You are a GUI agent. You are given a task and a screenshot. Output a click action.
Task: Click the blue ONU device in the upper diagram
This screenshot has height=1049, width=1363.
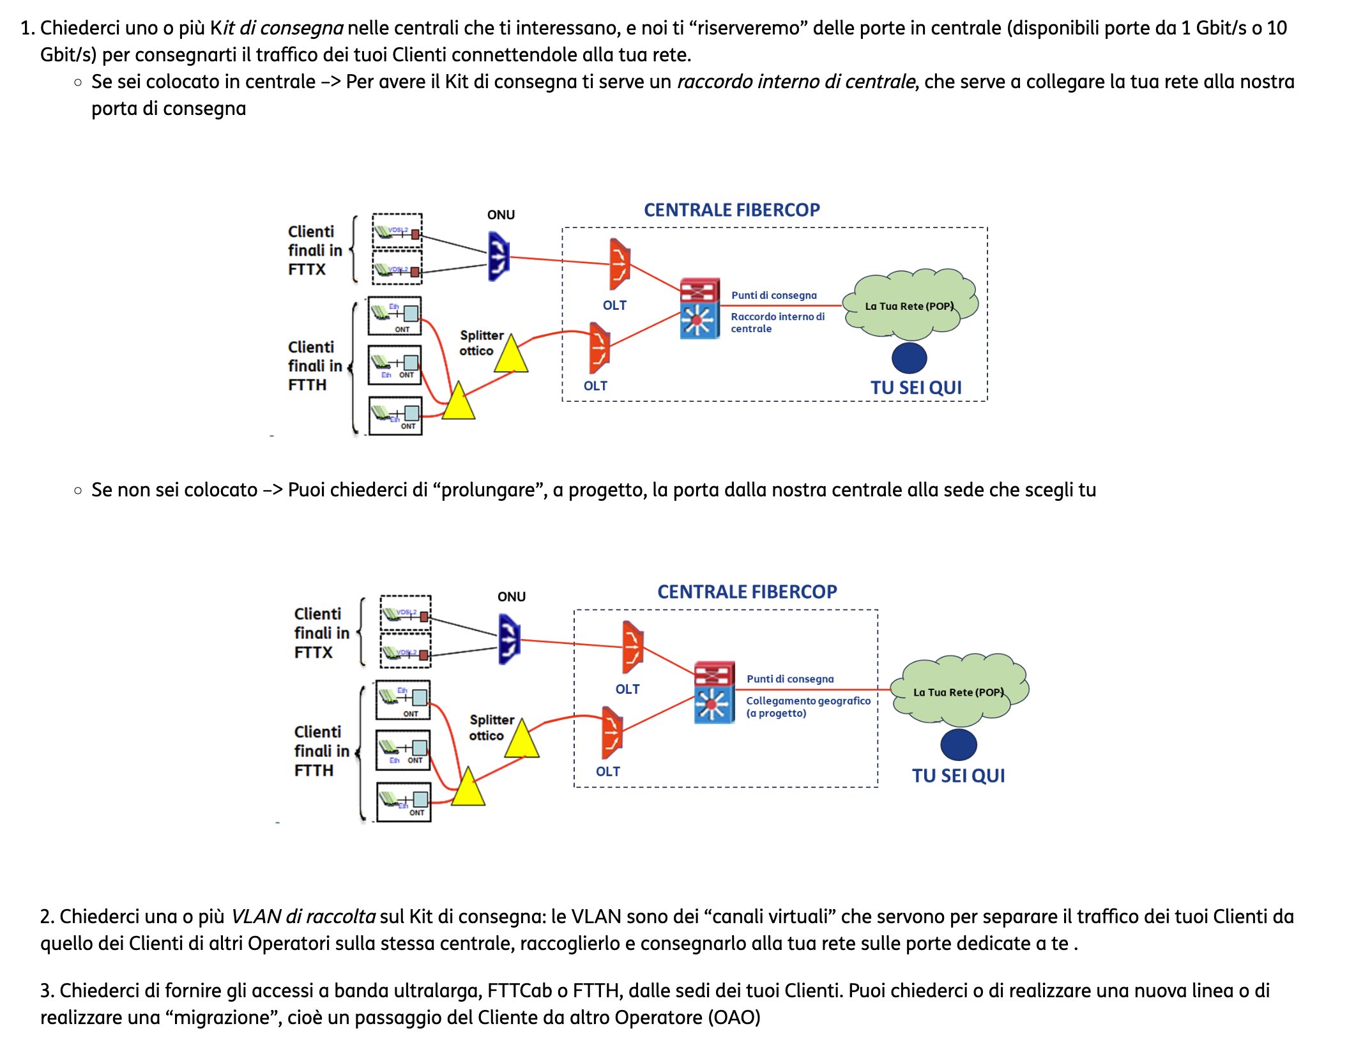point(498,256)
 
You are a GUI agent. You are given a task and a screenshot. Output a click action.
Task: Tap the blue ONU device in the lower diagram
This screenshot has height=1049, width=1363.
point(509,638)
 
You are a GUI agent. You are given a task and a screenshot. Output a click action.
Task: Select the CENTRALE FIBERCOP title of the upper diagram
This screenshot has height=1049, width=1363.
point(731,210)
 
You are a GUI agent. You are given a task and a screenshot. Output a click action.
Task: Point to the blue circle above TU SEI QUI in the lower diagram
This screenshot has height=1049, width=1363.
point(958,745)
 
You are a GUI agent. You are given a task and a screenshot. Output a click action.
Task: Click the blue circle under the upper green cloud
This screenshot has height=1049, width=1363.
point(909,358)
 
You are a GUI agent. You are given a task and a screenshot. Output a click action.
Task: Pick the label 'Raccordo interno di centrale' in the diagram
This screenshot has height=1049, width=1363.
point(777,323)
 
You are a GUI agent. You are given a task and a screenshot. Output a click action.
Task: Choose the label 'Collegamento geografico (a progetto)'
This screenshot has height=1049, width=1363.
point(808,707)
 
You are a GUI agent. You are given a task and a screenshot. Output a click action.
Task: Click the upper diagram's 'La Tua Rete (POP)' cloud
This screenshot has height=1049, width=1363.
point(909,306)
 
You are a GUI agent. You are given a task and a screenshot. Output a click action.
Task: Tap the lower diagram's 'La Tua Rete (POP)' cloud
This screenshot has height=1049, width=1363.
point(958,692)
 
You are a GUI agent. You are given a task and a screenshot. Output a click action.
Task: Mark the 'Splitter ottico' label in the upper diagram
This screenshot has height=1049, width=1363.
point(481,343)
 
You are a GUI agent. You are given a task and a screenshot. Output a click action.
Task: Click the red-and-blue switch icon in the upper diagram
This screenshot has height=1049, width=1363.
point(699,308)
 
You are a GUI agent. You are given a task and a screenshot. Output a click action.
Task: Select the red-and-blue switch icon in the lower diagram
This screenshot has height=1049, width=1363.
point(714,693)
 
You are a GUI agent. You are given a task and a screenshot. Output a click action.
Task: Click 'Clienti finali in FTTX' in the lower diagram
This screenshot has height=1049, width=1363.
point(321,633)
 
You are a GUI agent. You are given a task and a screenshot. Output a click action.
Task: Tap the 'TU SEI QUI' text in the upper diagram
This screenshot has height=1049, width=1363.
point(916,388)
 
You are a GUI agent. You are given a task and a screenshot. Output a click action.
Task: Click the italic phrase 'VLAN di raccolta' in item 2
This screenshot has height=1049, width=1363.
point(303,917)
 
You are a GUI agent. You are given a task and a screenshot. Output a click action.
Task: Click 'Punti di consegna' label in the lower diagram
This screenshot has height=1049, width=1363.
point(790,679)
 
